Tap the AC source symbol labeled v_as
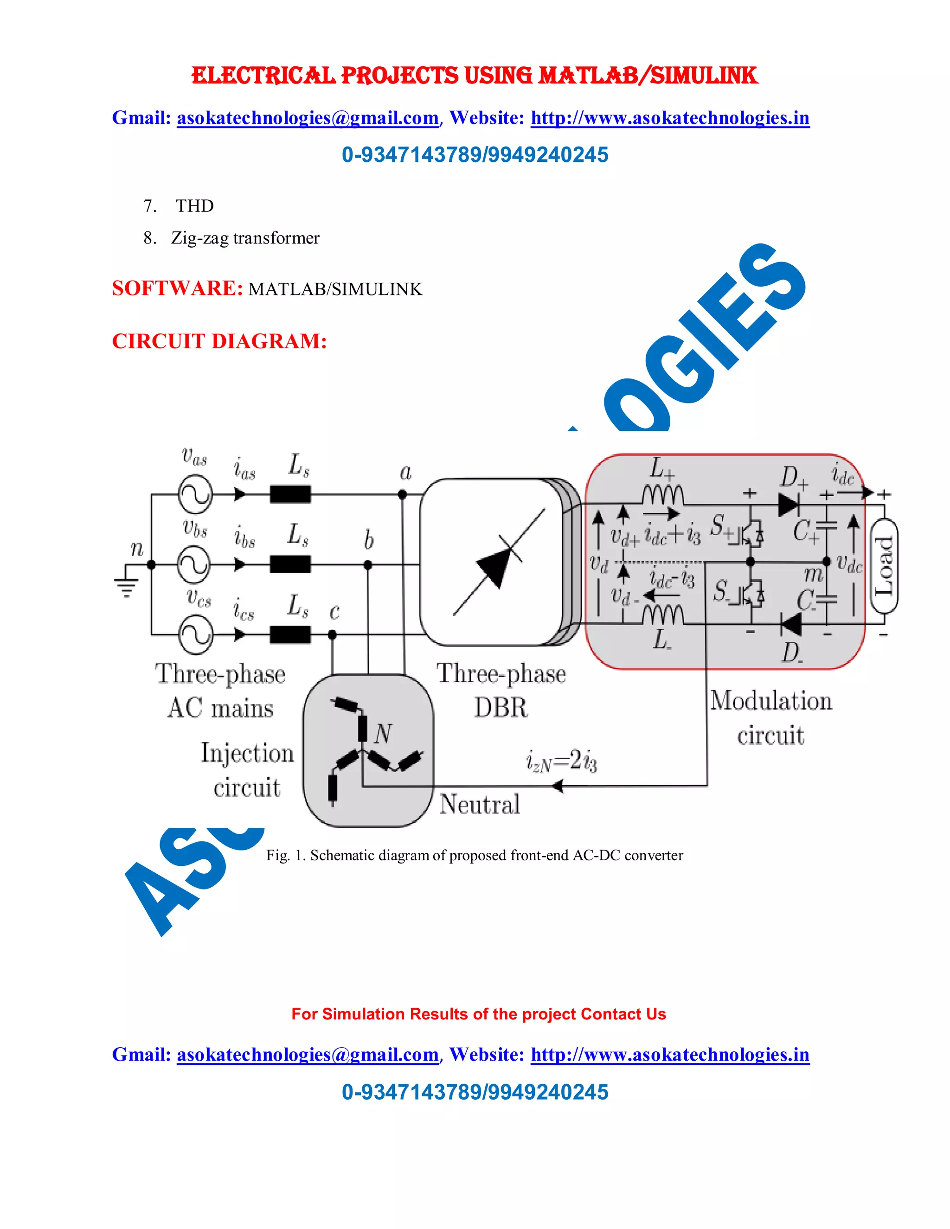(195, 495)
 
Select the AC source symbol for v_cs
(195, 635)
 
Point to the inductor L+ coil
(663, 495)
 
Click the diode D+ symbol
(789, 504)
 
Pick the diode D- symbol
(791, 625)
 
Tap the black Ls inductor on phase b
(290, 564)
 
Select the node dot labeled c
(332, 635)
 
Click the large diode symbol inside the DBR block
(499, 563)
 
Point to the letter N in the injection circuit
(383, 733)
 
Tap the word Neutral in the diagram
(480, 804)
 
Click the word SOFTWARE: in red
(177, 288)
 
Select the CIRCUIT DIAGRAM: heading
(219, 341)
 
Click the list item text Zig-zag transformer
(245, 238)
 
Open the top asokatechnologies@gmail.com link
(307, 118)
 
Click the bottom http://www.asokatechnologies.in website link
(670, 1055)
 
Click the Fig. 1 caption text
(475, 855)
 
